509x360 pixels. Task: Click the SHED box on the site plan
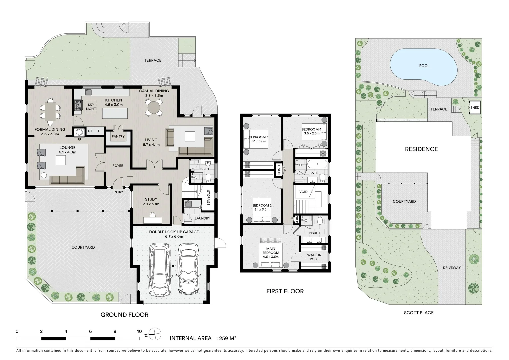pos(475,108)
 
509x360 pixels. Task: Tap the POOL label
pos(424,66)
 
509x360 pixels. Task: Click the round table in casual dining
pos(154,108)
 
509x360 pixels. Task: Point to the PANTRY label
pos(118,136)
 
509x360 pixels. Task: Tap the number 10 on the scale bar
pos(139,332)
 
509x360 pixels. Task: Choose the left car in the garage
pos(160,269)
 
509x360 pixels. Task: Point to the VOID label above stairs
pos(303,192)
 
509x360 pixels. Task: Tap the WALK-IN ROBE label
pos(314,257)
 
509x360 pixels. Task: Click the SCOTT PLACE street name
pos(419,313)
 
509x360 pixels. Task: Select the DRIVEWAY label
pos(452,268)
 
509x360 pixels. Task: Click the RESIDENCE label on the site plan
pos(421,149)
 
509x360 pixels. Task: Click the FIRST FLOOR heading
pos(285,291)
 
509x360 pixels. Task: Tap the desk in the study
pos(152,220)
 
